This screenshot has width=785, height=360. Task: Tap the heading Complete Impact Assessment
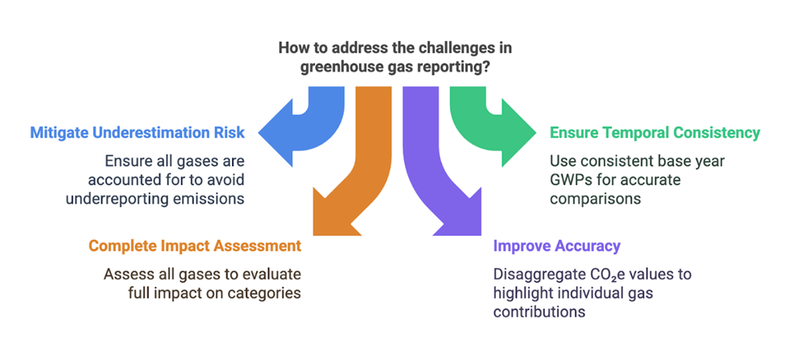click(195, 245)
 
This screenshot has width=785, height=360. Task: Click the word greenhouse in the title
click(341, 67)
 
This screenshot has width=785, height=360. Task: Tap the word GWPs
click(571, 179)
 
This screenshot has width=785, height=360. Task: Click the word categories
click(265, 293)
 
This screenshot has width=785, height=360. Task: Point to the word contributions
click(539, 312)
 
